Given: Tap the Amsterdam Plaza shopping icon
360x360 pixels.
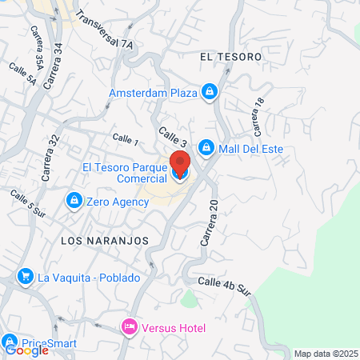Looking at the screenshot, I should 209,93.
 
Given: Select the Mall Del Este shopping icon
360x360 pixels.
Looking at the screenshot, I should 206,148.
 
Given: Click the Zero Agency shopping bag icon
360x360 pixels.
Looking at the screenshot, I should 74,199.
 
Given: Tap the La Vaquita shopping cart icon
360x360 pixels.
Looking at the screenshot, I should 26,278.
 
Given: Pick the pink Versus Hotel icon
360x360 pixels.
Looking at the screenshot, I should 128,327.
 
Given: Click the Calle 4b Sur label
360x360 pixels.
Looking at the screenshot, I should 225,286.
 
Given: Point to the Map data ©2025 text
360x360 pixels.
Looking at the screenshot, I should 326,353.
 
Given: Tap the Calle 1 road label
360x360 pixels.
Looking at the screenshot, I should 126,141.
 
